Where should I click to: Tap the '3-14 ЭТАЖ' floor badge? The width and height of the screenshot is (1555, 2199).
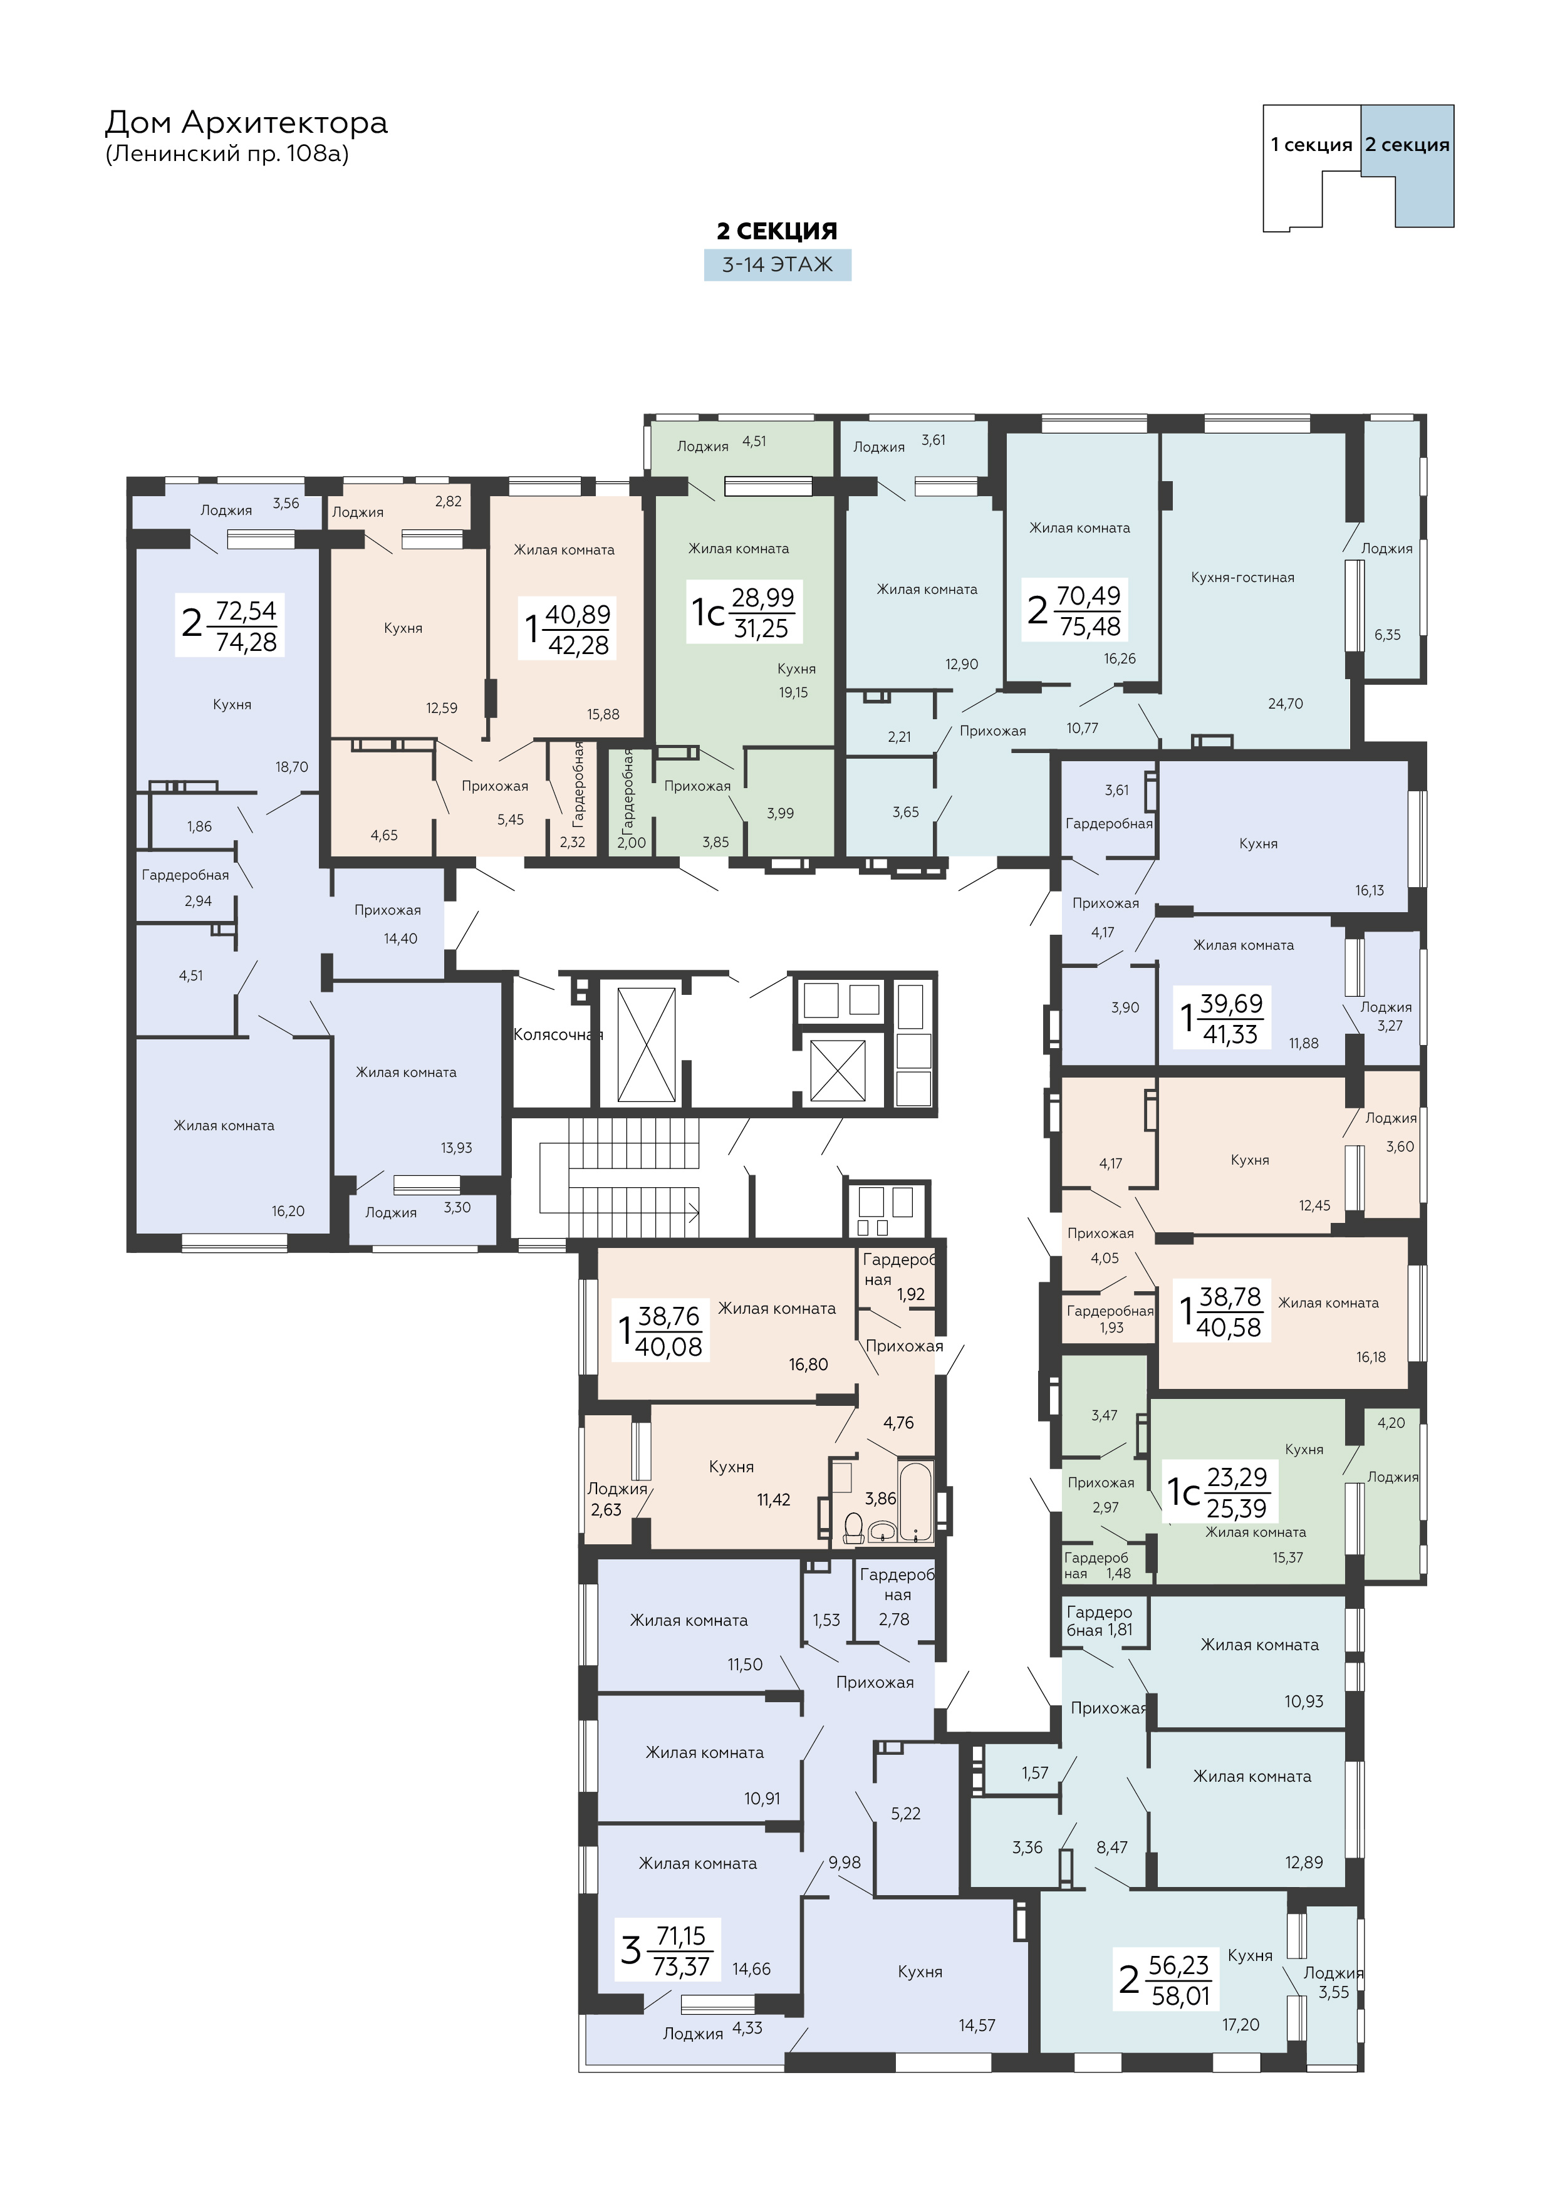pyautogui.click(x=777, y=264)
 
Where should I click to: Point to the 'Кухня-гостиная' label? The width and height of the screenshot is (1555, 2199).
pyautogui.click(x=1242, y=578)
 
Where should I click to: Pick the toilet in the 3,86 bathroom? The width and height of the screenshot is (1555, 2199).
pyautogui.click(x=853, y=1527)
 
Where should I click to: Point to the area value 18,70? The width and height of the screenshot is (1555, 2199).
pyautogui.click(x=291, y=766)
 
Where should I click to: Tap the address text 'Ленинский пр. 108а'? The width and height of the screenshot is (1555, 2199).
pyautogui.click(x=227, y=153)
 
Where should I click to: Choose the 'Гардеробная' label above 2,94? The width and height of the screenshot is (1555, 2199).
pyautogui.click(x=185, y=875)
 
